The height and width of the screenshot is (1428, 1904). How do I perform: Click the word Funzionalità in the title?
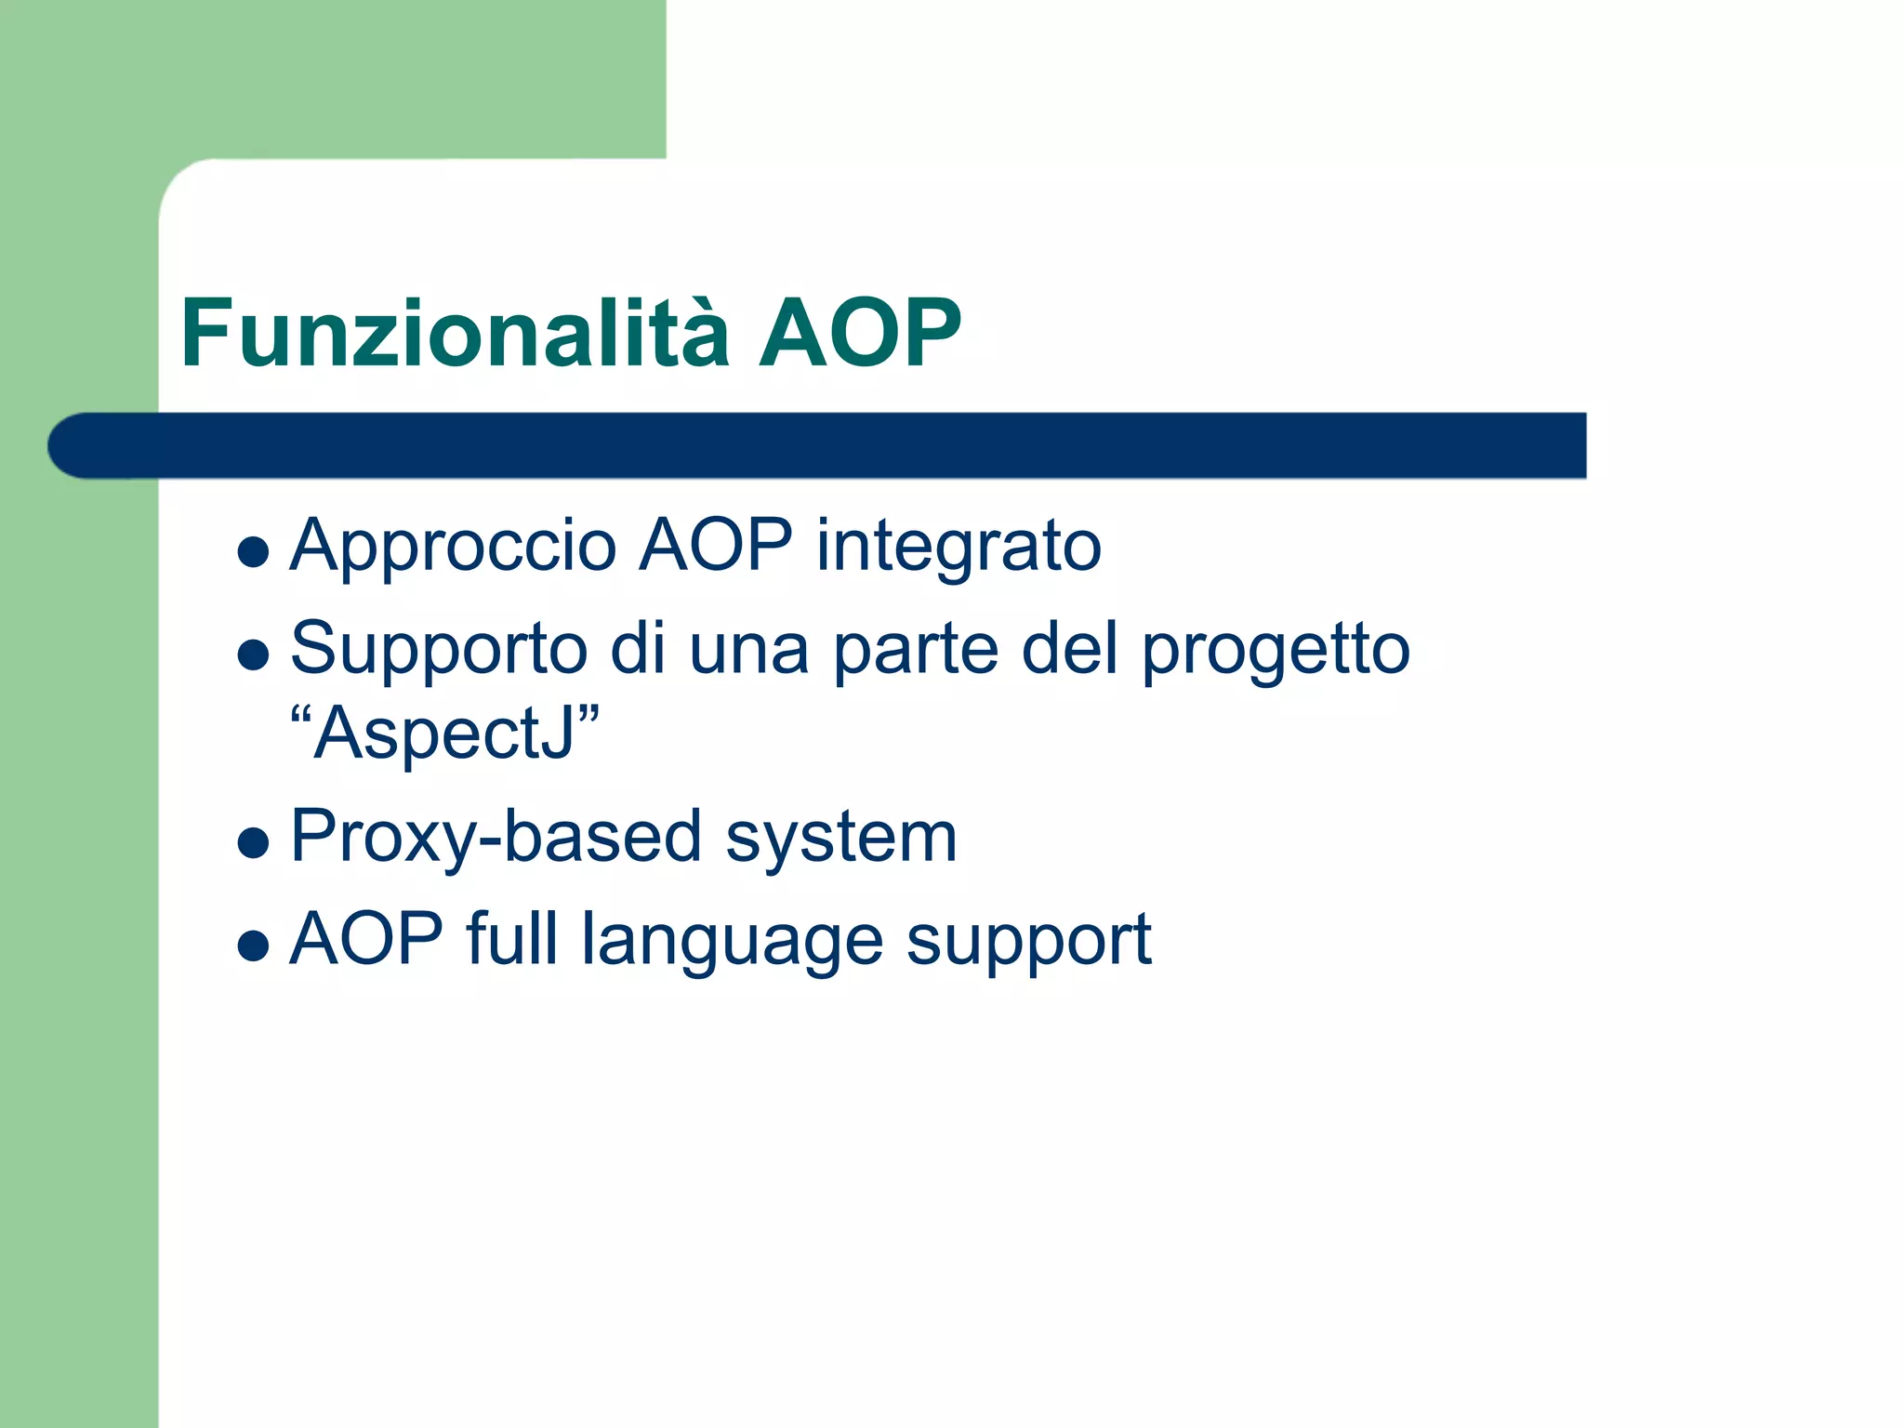[455, 333]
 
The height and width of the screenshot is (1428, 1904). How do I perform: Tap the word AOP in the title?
[859, 333]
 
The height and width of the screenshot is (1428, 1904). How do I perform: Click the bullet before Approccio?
[253, 552]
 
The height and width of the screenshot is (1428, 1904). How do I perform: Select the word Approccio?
[453, 547]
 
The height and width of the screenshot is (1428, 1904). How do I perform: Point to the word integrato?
[959, 547]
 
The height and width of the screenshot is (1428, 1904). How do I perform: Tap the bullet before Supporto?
[253, 655]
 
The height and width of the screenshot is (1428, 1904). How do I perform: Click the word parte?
[915, 649]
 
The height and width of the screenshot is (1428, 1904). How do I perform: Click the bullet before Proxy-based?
[253, 843]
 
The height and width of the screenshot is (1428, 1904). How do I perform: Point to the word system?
[840, 837]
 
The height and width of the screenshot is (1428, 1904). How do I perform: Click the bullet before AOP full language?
[253, 946]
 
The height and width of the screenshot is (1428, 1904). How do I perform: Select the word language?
[732, 941]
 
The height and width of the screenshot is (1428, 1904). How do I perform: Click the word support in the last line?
[1028, 941]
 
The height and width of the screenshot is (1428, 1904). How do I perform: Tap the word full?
[512, 939]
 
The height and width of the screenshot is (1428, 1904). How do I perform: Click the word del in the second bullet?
[1069, 649]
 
